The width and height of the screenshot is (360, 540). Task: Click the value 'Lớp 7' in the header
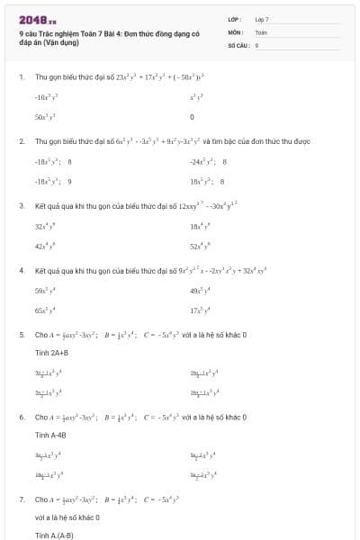click(262, 19)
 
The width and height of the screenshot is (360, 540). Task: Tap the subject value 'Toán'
click(261, 31)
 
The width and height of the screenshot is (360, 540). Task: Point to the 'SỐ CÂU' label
click(237, 44)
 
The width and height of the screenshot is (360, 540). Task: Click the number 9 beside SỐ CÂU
click(256, 44)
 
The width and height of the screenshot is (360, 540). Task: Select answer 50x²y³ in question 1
click(46, 117)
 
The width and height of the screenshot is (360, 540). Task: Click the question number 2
click(21, 141)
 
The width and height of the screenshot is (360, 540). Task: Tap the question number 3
click(21, 206)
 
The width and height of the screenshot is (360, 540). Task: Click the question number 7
click(21, 499)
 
